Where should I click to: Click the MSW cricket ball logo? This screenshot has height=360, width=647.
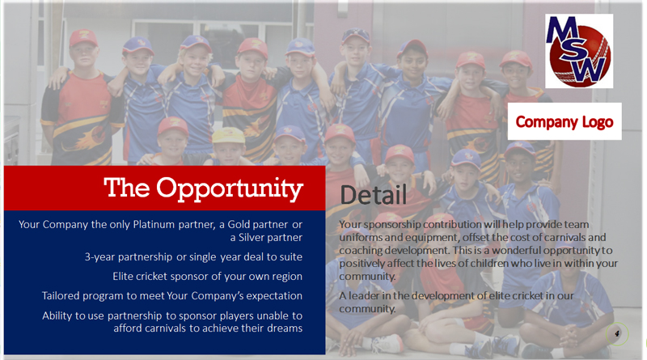click(x=579, y=51)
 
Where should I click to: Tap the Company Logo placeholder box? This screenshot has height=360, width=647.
click(x=565, y=121)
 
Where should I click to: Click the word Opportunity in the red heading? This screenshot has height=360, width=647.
click(x=230, y=189)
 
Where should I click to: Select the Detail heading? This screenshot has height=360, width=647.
click(x=374, y=195)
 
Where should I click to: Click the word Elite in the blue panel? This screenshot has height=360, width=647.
click(x=123, y=276)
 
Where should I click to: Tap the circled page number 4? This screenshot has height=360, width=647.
click(x=617, y=333)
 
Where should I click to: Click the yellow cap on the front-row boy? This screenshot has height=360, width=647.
click(x=228, y=135)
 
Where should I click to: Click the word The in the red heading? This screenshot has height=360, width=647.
click(x=127, y=188)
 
